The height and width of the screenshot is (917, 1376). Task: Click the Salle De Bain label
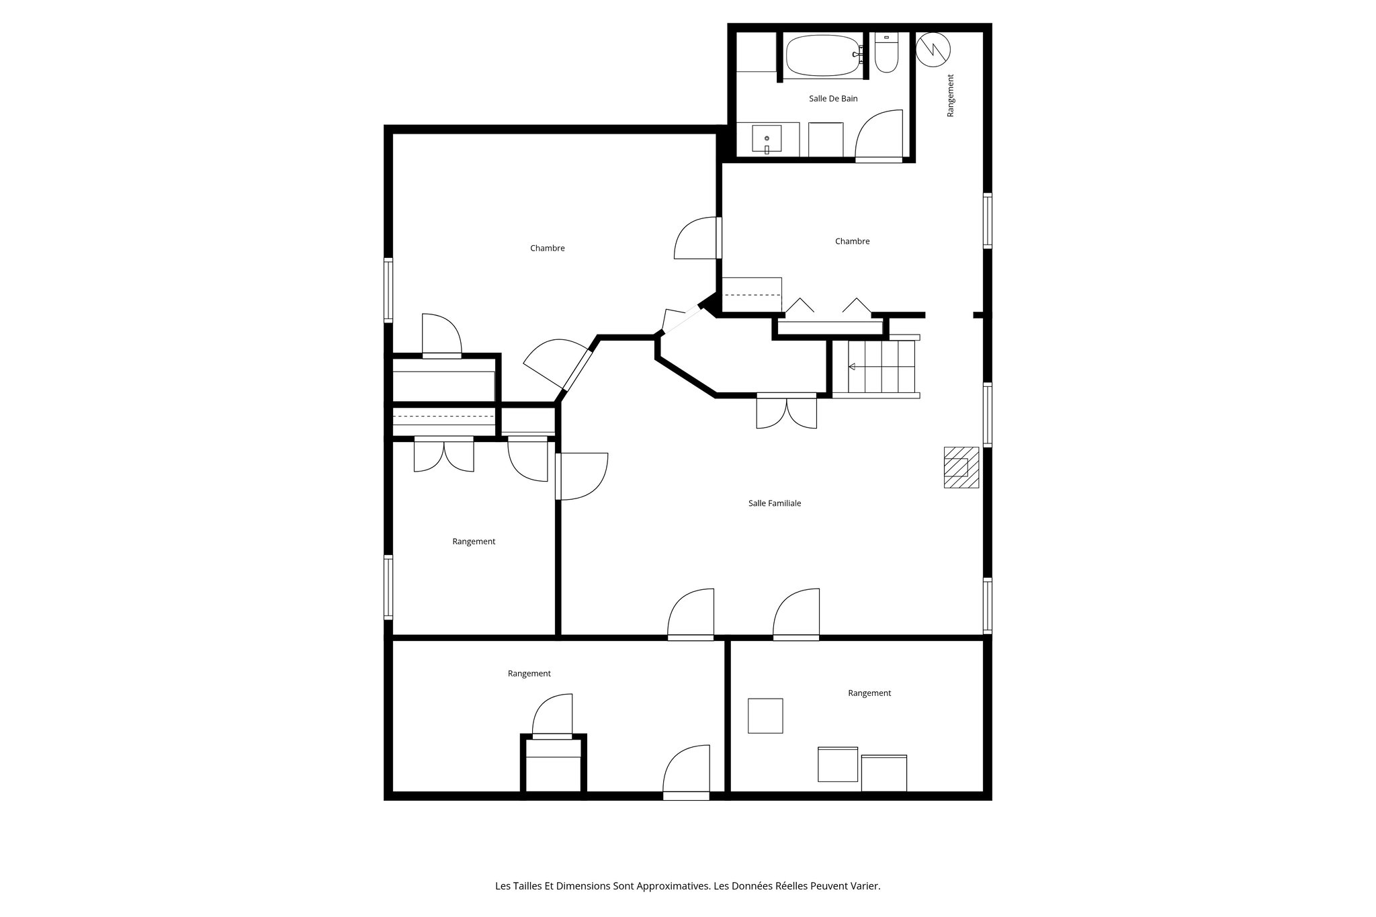(x=833, y=99)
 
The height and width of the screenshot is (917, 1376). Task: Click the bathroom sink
(x=767, y=140)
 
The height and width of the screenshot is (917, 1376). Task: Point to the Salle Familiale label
(x=775, y=503)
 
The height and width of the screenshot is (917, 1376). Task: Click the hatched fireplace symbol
(x=961, y=467)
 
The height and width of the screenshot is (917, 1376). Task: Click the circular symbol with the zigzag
(x=934, y=49)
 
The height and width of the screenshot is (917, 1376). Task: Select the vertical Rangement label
(x=950, y=96)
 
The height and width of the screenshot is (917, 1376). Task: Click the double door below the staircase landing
(x=786, y=412)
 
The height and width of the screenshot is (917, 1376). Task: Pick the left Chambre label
(x=547, y=249)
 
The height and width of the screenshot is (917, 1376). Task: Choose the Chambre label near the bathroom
(x=852, y=241)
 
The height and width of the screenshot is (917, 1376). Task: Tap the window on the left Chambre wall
(x=388, y=290)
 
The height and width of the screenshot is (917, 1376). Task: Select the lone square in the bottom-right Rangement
(x=765, y=715)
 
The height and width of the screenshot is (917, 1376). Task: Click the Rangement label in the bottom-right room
(x=869, y=693)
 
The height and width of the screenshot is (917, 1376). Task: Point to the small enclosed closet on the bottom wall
(x=554, y=766)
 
